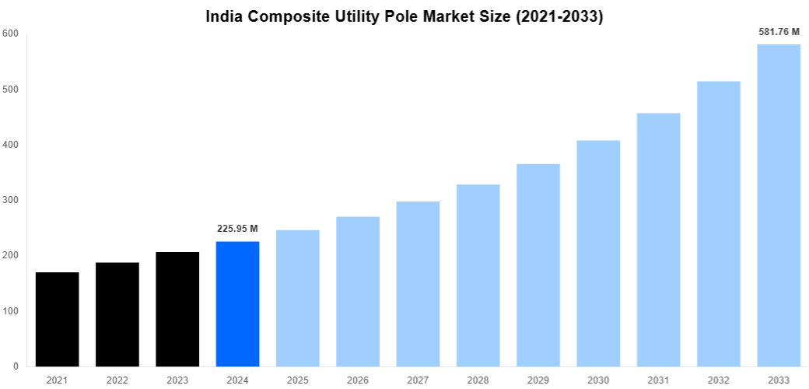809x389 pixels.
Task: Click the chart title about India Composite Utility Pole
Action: point(404,16)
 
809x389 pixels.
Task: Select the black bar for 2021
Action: point(57,319)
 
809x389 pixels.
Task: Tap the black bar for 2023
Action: point(177,309)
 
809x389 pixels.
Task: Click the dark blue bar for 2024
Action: point(237,303)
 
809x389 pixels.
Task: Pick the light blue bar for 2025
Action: point(297,298)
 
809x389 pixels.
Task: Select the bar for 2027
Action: point(418,284)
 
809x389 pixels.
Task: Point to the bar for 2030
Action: point(598,253)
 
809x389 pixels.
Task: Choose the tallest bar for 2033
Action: point(779,205)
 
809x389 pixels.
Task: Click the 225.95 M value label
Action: point(236,229)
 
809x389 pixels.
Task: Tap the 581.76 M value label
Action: point(779,32)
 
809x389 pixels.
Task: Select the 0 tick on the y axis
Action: point(16,366)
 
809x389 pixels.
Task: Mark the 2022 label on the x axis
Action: point(117,380)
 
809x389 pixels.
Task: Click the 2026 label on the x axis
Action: point(358,380)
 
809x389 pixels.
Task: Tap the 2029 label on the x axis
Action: point(538,380)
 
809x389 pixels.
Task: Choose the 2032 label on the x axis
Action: point(719,380)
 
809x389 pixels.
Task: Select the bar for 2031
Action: point(658,240)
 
